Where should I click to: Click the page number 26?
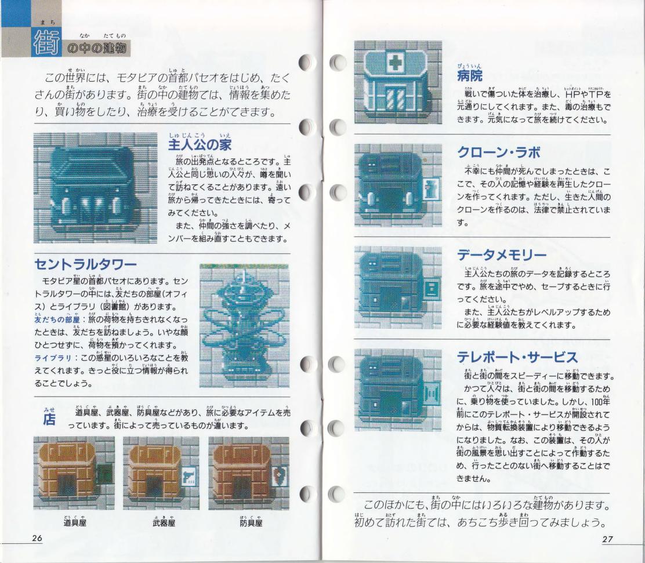pyautogui.click(x=37, y=538)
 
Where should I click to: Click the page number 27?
pyautogui.click(x=607, y=539)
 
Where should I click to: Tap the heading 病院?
pyautogui.click(x=469, y=76)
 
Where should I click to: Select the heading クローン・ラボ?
pyautogui.click(x=499, y=152)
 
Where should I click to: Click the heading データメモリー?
pyautogui.click(x=502, y=255)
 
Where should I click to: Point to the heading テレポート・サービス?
pyautogui.click(x=517, y=357)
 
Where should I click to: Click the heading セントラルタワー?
pyautogui.click(x=85, y=264)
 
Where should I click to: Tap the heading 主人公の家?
pyautogui.click(x=200, y=144)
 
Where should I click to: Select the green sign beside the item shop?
pyautogui.click(x=105, y=473)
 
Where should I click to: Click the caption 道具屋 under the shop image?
pyautogui.click(x=75, y=522)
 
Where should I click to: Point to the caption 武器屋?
pyautogui.click(x=164, y=522)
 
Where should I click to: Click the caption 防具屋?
pyautogui.click(x=251, y=522)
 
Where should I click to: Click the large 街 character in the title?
pyautogui.click(x=46, y=42)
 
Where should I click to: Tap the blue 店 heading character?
pyautogui.click(x=49, y=419)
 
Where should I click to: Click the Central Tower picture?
pyautogui.click(x=244, y=325)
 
